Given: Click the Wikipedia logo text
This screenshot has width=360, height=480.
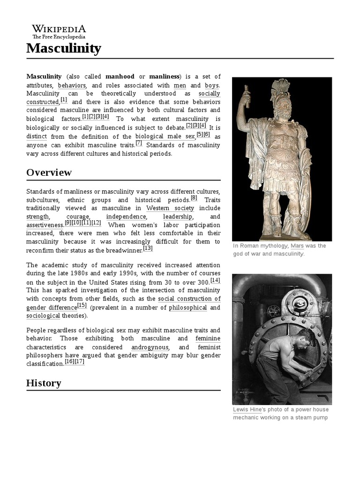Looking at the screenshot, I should click(59, 29).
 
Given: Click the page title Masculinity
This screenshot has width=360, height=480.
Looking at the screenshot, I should click(63, 48).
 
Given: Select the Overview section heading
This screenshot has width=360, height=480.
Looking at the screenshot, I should click(49, 172).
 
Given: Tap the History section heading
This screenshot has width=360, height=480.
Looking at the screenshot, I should click(44, 383).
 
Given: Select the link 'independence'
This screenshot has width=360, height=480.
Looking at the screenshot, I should click(126, 217).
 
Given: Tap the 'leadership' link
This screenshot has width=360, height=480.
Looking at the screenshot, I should click(178, 217).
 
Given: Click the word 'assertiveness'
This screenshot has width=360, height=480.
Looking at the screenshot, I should click(45, 225).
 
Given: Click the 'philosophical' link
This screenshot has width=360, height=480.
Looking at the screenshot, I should click(187, 307).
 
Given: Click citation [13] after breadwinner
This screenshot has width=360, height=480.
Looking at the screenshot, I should click(148, 248).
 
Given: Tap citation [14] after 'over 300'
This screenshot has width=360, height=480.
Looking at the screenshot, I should click(215, 280).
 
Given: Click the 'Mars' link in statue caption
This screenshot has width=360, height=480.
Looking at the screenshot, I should click(297, 246).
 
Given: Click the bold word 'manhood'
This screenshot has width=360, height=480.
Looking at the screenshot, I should click(120, 76).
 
